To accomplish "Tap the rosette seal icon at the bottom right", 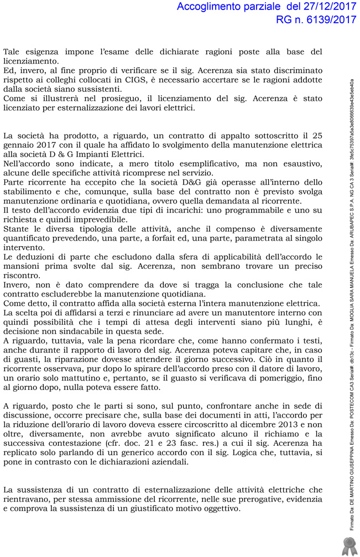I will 348,545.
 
